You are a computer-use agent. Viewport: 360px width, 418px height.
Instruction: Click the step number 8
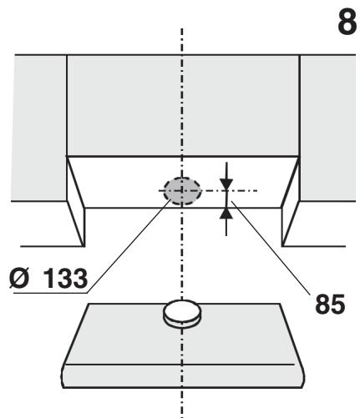347,22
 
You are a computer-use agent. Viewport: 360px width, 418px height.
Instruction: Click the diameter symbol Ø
19,278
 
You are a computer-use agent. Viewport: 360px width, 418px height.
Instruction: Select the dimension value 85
330,305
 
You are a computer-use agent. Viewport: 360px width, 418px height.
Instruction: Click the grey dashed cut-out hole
182,191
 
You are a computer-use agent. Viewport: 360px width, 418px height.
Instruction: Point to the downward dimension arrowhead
226,184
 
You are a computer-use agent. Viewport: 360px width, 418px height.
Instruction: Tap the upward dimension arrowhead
226,214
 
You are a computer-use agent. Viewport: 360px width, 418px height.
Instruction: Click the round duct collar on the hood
182,314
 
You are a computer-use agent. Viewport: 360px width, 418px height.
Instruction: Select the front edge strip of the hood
183,376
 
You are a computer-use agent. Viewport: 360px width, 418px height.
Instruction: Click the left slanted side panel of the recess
76,202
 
